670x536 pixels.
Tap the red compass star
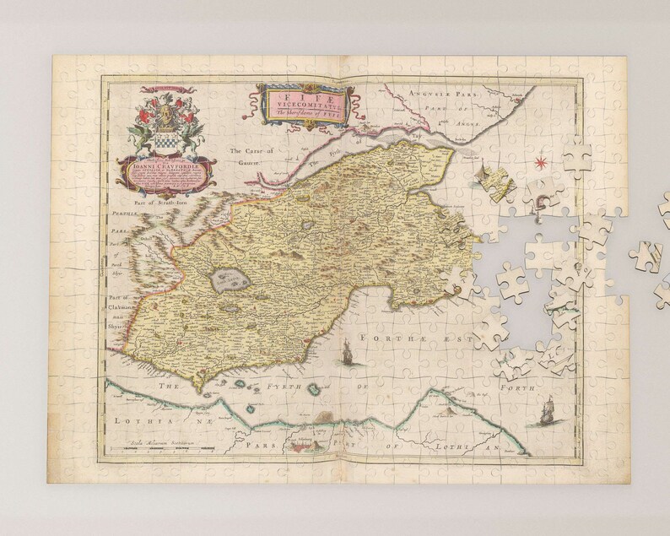click(563, 160)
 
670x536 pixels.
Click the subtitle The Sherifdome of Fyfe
click(304, 114)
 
